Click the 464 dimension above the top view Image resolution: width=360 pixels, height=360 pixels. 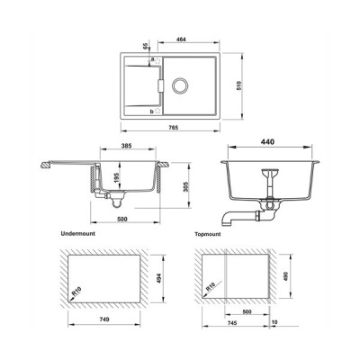click(x=181, y=40)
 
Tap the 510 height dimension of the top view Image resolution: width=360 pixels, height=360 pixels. click(x=238, y=85)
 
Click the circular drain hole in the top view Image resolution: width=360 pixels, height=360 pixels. click(x=180, y=86)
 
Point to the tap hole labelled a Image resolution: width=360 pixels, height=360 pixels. click(x=157, y=60)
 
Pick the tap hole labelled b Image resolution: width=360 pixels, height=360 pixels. click(x=157, y=111)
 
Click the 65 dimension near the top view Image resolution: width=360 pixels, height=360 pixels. click(x=146, y=46)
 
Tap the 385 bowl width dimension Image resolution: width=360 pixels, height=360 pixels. click(x=127, y=146)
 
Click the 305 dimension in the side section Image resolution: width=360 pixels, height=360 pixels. click(x=185, y=187)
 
